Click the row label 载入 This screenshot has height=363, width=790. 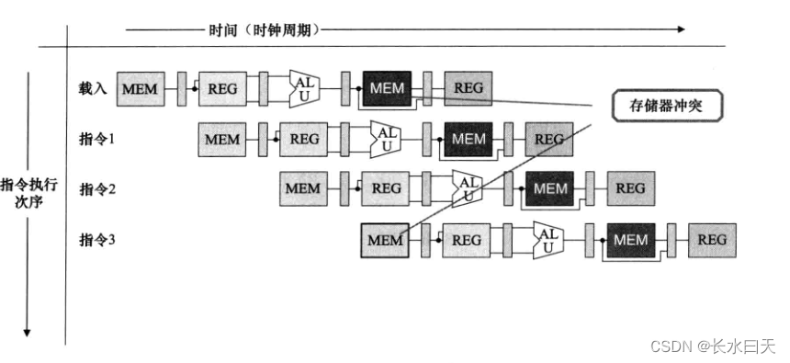93,88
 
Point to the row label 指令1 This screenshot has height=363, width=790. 96,139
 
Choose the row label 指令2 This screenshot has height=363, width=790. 96,188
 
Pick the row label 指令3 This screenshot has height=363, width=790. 96,240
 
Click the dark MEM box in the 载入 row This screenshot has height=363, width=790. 387,88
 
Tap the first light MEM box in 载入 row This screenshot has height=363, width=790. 141,89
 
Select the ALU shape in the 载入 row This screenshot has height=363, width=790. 304,88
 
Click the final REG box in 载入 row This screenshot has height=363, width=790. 468,88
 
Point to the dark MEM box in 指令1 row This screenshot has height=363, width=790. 468,139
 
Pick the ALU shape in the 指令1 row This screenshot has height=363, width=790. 386,139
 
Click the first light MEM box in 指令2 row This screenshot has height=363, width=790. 303,188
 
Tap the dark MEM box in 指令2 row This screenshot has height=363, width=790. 549,188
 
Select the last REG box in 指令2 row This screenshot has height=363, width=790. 630,188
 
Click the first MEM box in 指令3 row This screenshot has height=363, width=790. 385,240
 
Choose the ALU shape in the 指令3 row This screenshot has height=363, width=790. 548,240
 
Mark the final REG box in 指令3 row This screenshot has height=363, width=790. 712,240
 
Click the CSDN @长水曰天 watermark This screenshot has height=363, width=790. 713,346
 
